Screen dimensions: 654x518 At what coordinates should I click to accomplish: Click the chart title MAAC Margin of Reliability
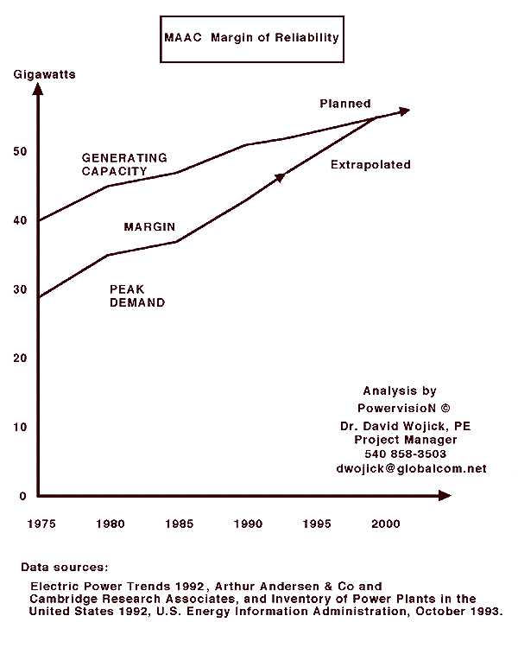pos(251,38)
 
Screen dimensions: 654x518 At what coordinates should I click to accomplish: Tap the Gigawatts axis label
pos(44,74)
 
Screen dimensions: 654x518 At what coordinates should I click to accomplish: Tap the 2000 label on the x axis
pos(387,523)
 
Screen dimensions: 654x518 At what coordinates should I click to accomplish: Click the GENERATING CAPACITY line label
pos(124,164)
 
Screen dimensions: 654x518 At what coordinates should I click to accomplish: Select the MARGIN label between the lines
pos(149,227)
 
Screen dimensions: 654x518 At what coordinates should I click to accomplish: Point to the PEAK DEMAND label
pos(137,296)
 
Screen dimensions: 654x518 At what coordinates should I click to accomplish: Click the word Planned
pos(345,104)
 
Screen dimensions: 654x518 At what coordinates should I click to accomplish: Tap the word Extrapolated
pos(370,164)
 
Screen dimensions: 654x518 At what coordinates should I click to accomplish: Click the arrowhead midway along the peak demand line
pos(280,177)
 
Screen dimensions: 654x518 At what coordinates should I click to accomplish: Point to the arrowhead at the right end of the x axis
pos(444,496)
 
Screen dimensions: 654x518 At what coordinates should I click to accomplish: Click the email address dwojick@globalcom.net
pos(411,468)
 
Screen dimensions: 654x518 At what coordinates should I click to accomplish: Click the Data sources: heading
pos(65,568)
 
